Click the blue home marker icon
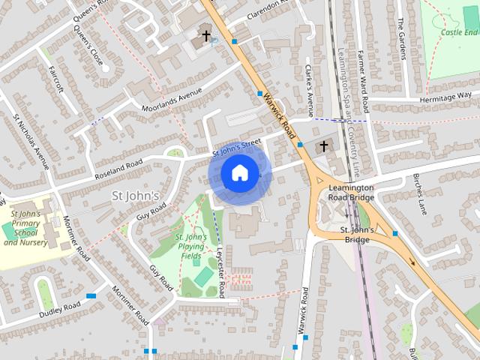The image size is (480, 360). coord(239,172)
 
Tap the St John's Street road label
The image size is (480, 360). coord(236,147)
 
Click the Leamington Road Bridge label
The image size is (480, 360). coord(350,192)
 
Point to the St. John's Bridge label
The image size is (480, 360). coord(356,234)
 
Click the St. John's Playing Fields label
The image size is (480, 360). coord(191,247)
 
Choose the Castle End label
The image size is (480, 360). coord(459,32)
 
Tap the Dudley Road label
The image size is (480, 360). coord(59,308)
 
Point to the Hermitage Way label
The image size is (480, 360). coord(448,98)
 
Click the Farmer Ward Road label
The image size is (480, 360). coord(364,78)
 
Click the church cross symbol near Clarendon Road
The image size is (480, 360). coord(206,35)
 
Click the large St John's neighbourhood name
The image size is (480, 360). coord(135,196)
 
